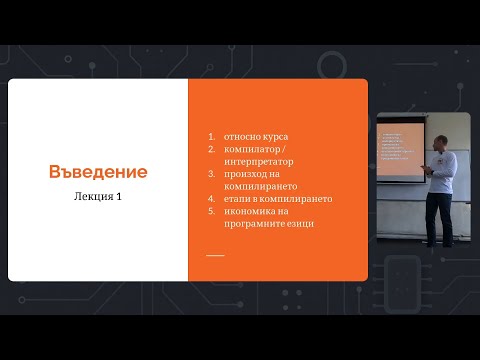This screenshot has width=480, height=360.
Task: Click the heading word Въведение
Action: pyautogui.click(x=98, y=172)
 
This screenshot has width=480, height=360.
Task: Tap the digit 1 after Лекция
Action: pyautogui.click(x=119, y=196)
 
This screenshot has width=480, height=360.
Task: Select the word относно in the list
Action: pyautogui.click(x=240, y=135)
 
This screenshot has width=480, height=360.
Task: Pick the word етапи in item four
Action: pyautogui.click(x=236, y=198)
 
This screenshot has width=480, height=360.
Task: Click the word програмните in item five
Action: pyautogui.click(x=251, y=223)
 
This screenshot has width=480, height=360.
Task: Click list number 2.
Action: pyautogui.click(x=210, y=148)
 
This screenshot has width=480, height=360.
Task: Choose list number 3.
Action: pyautogui.click(x=210, y=173)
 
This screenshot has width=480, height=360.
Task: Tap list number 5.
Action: pyautogui.click(x=210, y=211)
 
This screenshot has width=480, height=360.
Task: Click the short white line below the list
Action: pyautogui.click(x=215, y=255)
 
